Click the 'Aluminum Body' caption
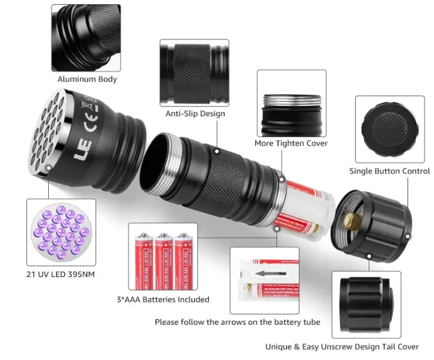87,79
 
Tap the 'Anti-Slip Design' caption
195,114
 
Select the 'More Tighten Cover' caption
291,143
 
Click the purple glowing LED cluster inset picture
62,231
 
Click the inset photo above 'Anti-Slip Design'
195,72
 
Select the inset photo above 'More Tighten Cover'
291,104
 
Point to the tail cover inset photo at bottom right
366,304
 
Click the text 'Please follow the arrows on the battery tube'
238,322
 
